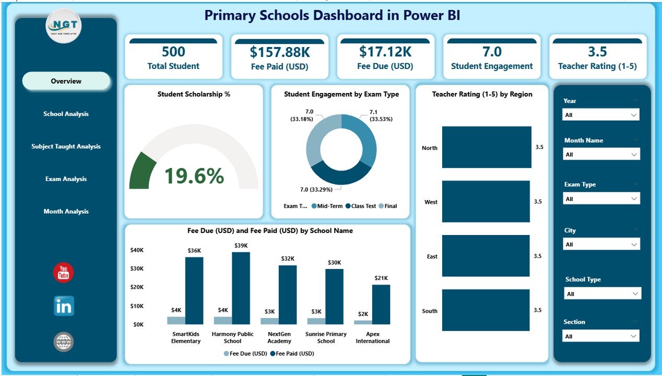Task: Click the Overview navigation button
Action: coord(66,81)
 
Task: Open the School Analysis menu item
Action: coord(66,114)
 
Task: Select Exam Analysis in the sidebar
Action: coord(66,179)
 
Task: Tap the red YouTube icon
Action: coord(64,273)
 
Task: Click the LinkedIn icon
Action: coord(64,306)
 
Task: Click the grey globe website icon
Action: coord(64,342)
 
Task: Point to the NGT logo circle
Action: coord(64,26)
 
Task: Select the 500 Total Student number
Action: coord(173,51)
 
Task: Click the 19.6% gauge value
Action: coord(194,177)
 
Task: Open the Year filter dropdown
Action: coord(600,115)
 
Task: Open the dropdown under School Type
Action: coord(602,294)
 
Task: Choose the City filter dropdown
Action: coord(600,244)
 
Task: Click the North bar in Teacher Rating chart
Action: coord(487,147)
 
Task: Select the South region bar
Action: coord(486,310)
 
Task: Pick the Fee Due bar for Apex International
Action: coord(363,322)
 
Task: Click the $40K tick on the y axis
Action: coord(137,250)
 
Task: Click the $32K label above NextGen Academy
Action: coord(287,258)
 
